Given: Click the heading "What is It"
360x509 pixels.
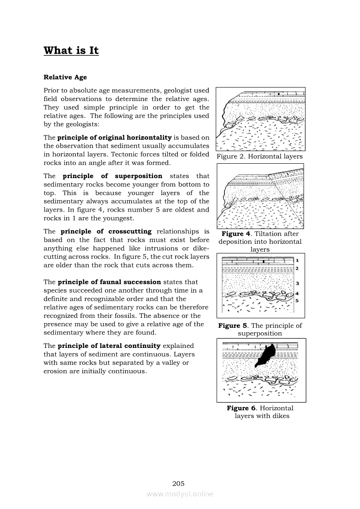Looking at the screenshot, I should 71,51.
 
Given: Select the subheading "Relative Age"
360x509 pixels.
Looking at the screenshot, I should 65,78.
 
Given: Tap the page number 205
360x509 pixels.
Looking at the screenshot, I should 179,483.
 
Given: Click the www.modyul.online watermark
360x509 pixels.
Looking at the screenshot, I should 180,494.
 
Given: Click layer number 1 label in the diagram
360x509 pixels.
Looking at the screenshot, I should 297,260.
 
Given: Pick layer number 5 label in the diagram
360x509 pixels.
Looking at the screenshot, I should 297,300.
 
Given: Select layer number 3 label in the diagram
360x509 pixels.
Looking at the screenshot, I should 297,283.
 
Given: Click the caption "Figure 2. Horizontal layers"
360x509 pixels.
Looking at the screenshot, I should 260,157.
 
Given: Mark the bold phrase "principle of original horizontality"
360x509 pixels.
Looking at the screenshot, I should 115,138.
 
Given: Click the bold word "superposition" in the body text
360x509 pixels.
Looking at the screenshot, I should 139,176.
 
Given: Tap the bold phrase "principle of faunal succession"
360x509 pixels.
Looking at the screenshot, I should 109,283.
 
